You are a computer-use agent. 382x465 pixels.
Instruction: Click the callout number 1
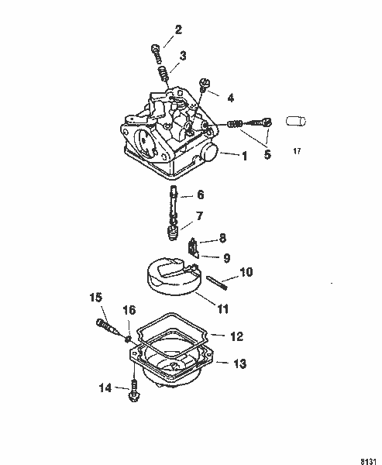(245, 156)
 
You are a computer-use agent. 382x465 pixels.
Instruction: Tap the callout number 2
(178, 30)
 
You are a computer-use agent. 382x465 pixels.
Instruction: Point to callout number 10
(246, 272)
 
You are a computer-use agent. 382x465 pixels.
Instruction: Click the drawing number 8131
(369, 457)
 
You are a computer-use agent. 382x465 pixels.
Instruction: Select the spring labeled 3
(163, 75)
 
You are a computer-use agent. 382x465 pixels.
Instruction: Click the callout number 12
(237, 336)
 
